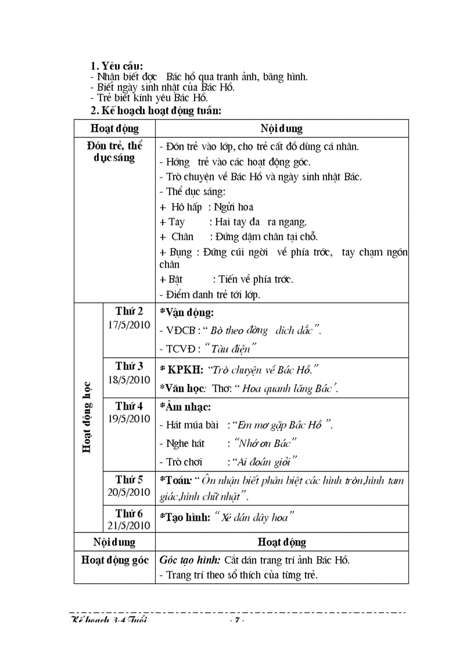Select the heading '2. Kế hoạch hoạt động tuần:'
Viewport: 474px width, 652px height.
click(x=156, y=110)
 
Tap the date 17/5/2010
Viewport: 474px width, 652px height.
click(x=129, y=325)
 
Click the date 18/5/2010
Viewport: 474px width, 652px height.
click(x=129, y=380)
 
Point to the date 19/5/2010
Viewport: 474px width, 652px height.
click(x=129, y=419)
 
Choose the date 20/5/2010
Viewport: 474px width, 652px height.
click(x=129, y=492)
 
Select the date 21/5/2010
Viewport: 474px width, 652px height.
click(x=129, y=525)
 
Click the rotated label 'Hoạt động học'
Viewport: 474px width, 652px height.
click(x=87, y=416)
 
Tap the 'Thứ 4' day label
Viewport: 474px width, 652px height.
click(x=129, y=405)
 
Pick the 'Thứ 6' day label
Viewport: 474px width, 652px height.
click(x=129, y=513)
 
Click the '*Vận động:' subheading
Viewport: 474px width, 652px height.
click(x=186, y=312)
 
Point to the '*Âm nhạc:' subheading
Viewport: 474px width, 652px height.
click(x=185, y=407)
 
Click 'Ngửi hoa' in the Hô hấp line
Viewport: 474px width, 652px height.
click(x=234, y=207)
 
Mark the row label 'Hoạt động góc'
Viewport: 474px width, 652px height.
click(x=114, y=560)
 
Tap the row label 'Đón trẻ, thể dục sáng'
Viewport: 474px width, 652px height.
click(x=114, y=151)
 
